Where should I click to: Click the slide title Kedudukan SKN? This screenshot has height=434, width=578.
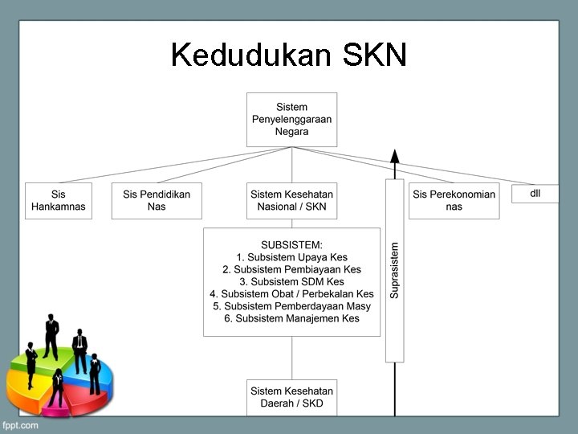click(289, 55)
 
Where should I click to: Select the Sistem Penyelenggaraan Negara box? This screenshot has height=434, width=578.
click(291, 119)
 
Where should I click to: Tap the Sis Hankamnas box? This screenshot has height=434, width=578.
click(58, 200)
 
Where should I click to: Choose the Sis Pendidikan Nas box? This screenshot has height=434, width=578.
click(157, 200)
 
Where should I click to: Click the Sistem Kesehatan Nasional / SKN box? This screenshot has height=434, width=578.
click(291, 200)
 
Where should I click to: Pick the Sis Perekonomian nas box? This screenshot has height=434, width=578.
click(454, 200)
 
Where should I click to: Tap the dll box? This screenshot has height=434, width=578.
click(535, 194)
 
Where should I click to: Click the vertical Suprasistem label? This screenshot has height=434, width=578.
click(394, 270)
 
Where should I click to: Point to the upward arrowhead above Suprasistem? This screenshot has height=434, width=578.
click(394, 156)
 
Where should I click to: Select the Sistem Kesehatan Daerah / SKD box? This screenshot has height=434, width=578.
click(291, 397)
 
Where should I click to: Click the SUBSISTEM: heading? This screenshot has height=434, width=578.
click(291, 244)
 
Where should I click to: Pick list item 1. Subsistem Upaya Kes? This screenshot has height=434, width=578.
click(291, 257)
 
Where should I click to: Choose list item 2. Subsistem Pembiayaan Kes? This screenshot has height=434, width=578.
click(291, 269)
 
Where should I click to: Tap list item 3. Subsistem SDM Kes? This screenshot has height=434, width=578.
click(291, 281)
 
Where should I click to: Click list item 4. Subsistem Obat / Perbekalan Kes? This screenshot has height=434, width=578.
click(291, 294)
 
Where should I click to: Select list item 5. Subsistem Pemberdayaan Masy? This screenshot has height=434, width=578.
click(291, 306)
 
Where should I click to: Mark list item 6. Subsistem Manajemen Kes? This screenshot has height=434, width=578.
click(291, 318)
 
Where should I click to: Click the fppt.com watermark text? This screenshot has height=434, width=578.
click(20, 425)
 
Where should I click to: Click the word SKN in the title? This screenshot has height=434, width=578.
click(375, 55)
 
